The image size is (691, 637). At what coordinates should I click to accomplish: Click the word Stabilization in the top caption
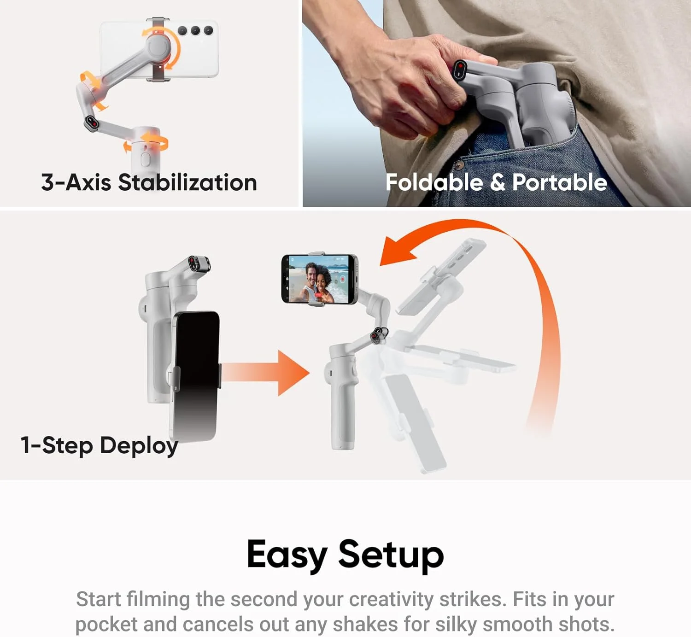click(x=187, y=182)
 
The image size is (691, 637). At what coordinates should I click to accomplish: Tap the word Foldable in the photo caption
click(x=434, y=182)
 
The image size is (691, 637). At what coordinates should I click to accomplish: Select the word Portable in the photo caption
click(x=560, y=182)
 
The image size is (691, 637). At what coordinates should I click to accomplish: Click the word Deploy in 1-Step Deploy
click(x=139, y=446)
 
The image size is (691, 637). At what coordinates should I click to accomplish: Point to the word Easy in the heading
click(x=287, y=555)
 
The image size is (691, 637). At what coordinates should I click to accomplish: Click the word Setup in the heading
click(x=391, y=555)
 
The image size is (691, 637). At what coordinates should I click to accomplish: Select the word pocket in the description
click(x=106, y=625)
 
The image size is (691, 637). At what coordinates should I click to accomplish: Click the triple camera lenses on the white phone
click(x=195, y=31)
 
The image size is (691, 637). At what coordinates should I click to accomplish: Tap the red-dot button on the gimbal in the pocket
click(x=460, y=70)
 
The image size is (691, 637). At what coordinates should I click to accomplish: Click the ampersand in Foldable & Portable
click(x=497, y=182)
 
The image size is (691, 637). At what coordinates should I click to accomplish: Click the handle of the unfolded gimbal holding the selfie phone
click(x=341, y=405)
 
